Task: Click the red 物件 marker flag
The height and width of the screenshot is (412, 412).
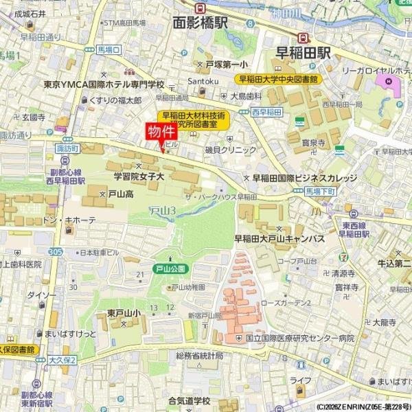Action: tap(161, 131)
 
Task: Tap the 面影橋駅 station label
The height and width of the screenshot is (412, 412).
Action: tap(201, 22)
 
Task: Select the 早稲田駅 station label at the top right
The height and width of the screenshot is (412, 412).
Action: tap(303, 51)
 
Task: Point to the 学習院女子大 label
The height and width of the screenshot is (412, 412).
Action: tap(139, 176)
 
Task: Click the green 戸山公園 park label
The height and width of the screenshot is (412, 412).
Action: tap(168, 268)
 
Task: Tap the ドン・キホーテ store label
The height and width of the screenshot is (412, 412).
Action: tap(69, 220)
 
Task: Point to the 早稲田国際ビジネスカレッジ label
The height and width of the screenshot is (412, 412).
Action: tap(305, 178)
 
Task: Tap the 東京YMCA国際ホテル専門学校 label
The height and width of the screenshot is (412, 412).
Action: tap(104, 84)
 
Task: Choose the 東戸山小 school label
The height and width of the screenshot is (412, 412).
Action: tap(124, 314)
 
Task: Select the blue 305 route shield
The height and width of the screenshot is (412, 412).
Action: tap(56, 252)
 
